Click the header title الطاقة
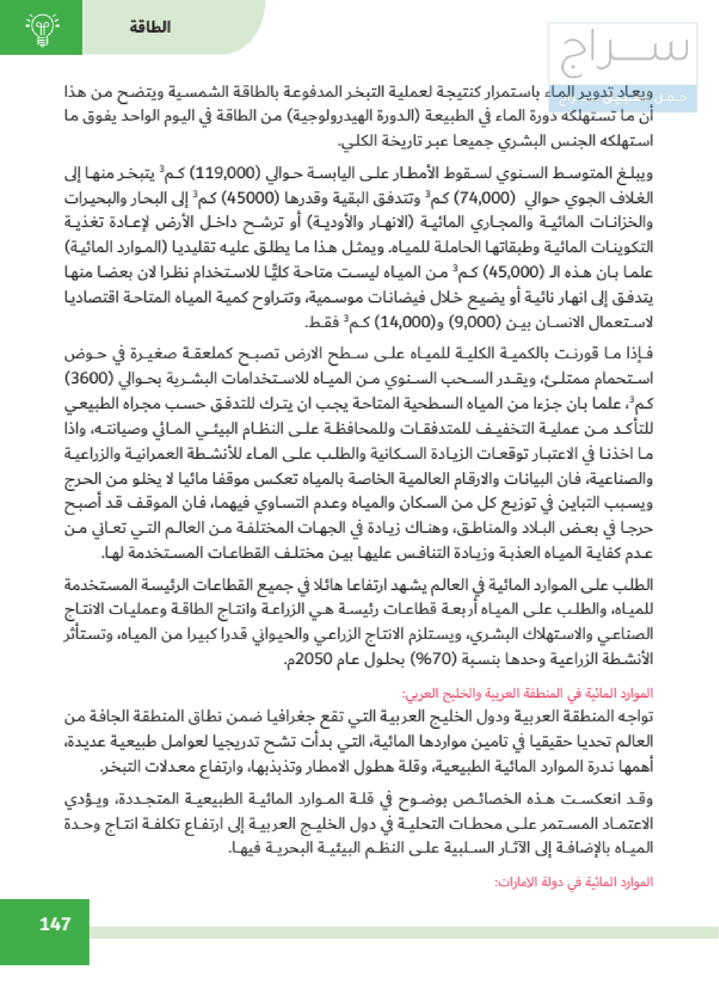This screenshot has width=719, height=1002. click(x=150, y=27)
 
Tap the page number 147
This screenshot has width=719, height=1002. click(x=55, y=924)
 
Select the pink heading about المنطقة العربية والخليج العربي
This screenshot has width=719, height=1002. click(x=527, y=694)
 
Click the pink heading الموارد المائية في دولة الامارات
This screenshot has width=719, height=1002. click(x=574, y=882)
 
